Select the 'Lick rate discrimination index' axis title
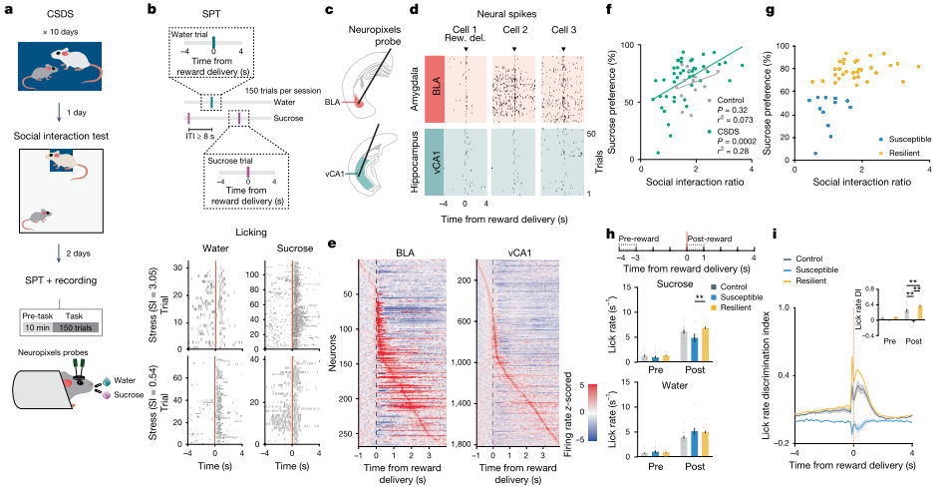pyautogui.click(x=776, y=369)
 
